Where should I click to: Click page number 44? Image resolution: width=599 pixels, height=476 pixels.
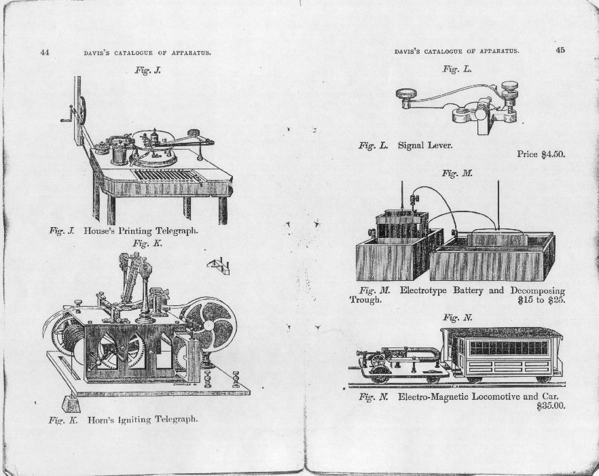pos(45,52)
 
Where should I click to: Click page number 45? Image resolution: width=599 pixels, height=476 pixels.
pos(560,50)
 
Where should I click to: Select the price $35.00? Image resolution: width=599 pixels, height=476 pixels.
pos(551,406)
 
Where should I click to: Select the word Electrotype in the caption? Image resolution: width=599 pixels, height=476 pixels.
pos(423,290)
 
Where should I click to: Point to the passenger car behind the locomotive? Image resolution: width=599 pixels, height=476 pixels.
pos(502,354)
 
